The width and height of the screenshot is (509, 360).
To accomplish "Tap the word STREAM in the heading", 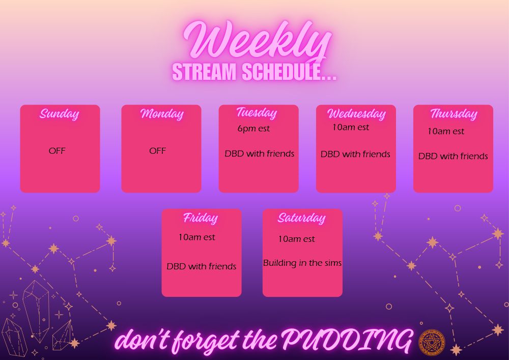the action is click(204, 72).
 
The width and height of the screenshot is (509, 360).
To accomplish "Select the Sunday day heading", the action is click(60, 114).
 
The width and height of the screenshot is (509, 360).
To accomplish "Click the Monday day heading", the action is click(162, 114).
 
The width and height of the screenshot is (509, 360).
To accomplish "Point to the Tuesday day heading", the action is click(257, 113).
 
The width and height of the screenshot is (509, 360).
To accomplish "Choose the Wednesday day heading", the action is click(356, 114).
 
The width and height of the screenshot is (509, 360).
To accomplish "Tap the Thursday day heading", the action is click(454, 114).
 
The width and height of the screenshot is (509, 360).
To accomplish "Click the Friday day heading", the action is click(200, 218).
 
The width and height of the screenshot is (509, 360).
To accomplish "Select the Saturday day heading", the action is click(301, 218).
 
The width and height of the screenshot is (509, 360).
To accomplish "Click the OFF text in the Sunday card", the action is click(57, 151).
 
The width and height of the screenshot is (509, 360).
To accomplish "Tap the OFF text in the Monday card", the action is click(157, 151).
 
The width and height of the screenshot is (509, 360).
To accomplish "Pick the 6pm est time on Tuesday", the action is click(253, 128).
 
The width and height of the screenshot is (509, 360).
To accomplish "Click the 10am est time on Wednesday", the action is click(351, 127).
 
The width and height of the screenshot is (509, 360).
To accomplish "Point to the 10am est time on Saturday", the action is click(296, 239).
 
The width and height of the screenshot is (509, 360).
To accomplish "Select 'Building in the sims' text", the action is click(302, 263).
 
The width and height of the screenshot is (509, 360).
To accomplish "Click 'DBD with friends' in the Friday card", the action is click(201, 266).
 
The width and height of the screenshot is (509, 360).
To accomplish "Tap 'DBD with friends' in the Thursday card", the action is click(453, 156).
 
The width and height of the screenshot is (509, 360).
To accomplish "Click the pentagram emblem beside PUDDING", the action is click(432, 342).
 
